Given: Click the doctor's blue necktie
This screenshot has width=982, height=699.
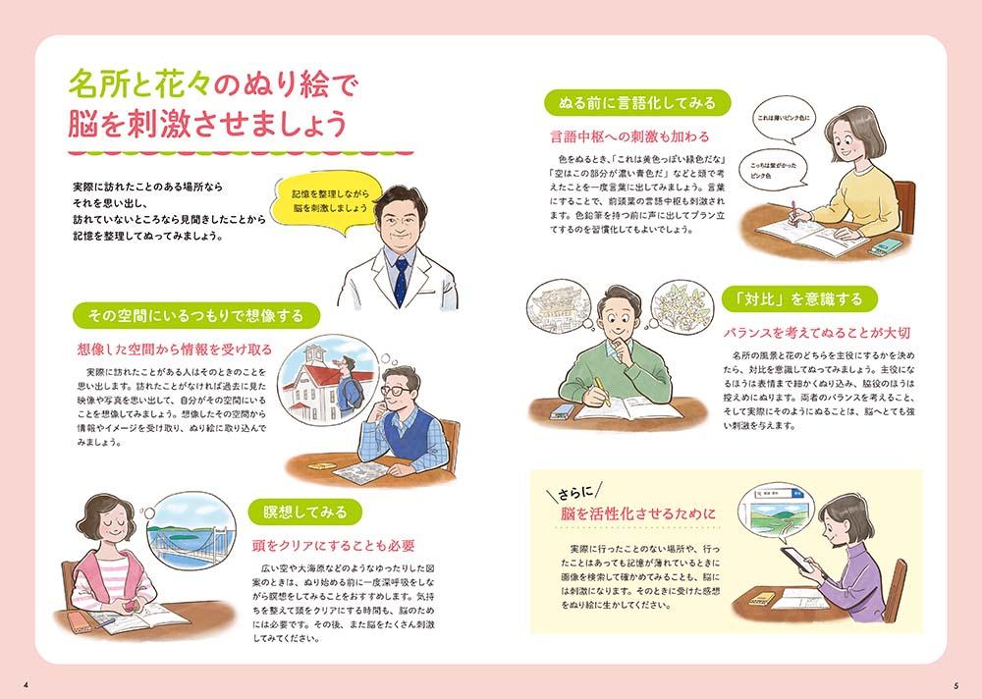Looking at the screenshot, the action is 401,282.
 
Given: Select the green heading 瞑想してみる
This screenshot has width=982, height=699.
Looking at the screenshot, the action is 305,512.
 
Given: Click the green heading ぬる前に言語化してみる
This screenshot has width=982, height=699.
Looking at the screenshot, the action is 637,103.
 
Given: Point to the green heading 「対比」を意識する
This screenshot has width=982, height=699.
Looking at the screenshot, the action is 799,299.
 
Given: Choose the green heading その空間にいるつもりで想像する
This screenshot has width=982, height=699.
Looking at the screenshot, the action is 196,316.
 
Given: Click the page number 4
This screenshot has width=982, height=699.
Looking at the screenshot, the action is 26,684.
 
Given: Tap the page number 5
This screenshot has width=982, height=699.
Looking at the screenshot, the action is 956,684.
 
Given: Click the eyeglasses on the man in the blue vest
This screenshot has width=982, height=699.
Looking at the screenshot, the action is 396,391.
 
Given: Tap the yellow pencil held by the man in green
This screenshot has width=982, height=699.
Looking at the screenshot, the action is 602,392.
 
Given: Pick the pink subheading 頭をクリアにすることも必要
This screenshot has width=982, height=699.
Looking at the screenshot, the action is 333,546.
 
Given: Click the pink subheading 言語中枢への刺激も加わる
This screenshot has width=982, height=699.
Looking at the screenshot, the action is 629,136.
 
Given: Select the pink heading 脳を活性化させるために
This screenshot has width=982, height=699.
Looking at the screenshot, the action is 638,514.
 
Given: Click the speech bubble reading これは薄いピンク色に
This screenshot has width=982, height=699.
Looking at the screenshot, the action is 784,118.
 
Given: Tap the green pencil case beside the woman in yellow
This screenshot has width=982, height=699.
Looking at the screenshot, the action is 886,247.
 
